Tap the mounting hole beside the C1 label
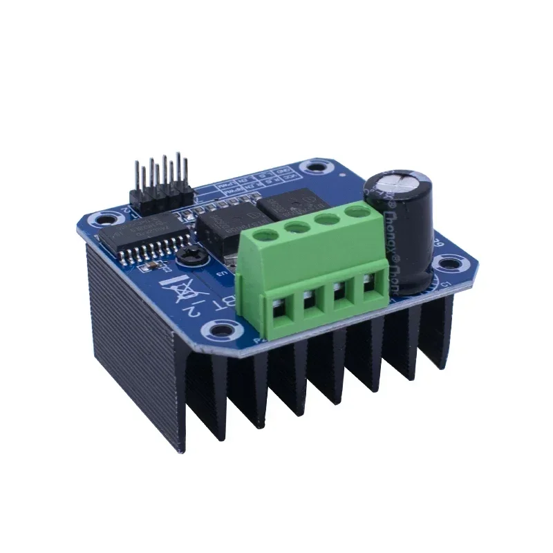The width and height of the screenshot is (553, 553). (449, 263)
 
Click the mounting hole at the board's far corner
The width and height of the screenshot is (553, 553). (317, 167)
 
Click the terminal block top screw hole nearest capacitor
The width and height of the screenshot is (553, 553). (357, 212)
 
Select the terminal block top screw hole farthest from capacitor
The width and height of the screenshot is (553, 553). (268, 235)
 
